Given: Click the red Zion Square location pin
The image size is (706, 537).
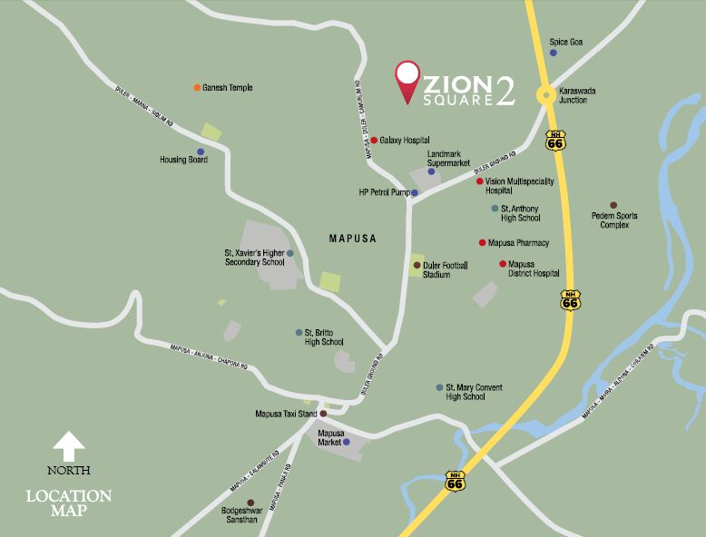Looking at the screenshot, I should click(407, 80).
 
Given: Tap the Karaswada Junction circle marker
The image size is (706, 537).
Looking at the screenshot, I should click(545, 93).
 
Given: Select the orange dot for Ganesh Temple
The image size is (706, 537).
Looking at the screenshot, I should click(197, 87).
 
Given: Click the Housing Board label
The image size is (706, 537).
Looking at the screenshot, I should click(184, 160).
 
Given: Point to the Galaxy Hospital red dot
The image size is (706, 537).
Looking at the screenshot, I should click(373, 141).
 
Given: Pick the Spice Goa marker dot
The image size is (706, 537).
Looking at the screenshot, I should click(554, 53).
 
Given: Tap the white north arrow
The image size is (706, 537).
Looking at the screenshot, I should click(69, 446).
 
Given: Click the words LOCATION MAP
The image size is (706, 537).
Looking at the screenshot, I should click(69, 504).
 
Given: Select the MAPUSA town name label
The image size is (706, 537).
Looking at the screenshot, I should click(352, 239).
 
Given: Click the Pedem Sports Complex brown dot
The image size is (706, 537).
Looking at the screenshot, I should click(613, 205).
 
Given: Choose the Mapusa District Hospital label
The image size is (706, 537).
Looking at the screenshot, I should click(534, 268).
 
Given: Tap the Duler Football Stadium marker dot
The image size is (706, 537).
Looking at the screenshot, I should click(417, 265).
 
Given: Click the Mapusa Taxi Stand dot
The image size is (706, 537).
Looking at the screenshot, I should click(322, 414).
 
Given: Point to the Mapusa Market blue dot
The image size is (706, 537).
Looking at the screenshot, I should click(346, 442).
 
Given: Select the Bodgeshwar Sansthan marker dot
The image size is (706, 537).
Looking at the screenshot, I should click(250, 502).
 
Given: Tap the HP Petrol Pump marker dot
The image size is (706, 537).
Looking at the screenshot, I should click(415, 193).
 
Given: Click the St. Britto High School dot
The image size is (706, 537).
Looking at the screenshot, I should click(299, 332).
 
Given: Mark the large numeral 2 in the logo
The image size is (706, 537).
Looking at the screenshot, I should click(505, 90).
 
